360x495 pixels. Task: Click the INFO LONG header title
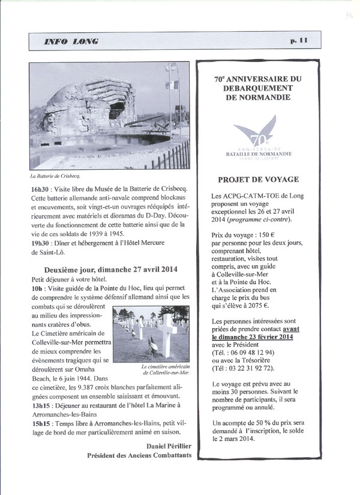click(x=72, y=41)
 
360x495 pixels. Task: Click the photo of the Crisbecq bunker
click(x=110, y=116)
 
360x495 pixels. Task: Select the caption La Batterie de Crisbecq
click(x=55, y=177)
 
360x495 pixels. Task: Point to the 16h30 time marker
click(x=40, y=188)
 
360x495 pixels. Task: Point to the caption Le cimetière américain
click(x=166, y=367)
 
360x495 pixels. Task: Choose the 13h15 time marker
click(x=41, y=404)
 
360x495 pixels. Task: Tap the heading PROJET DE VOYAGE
click(x=259, y=179)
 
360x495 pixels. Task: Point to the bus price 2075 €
click(x=274, y=304)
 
